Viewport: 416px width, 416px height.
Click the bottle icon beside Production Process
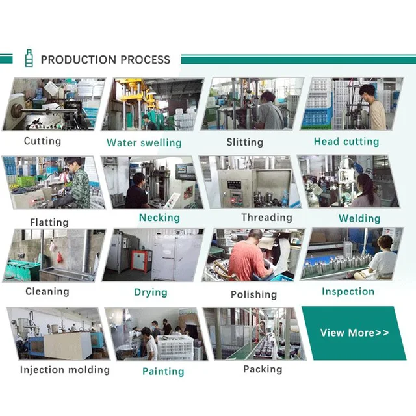coord(28,59)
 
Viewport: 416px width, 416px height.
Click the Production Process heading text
coord(105,60)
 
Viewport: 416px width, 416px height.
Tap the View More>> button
coord(355,333)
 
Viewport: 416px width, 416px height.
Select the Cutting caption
coord(43,141)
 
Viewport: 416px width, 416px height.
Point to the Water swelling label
coord(144,142)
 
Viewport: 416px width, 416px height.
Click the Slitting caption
coord(245,142)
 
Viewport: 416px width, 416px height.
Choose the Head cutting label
coord(346,141)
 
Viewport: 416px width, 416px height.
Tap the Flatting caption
coord(49,222)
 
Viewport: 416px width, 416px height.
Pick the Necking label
coord(159,218)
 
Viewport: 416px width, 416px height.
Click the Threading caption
coord(266,218)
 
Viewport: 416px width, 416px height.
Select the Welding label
coord(359,219)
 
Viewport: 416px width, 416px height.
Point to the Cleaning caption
coord(47,292)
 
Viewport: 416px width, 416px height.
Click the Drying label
coord(151,292)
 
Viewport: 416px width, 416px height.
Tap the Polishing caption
coord(254,294)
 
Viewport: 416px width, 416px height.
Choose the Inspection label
coord(348,292)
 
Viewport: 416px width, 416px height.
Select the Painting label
coord(163,371)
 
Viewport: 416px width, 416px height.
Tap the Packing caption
coord(263,369)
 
